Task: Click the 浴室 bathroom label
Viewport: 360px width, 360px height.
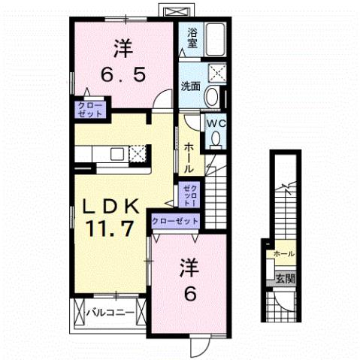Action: click(193, 38)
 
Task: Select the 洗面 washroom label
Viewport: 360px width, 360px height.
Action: click(191, 86)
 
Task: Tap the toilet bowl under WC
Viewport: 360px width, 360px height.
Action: click(216, 139)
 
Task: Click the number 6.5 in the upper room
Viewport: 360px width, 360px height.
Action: click(123, 76)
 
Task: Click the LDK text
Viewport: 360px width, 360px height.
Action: click(110, 204)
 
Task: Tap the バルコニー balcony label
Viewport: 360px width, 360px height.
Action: click(109, 310)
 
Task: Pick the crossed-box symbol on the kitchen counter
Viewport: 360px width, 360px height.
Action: click(138, 154)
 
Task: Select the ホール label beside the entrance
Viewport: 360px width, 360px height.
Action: click(285, 254)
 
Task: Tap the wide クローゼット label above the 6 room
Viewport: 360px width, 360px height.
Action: click(175, 221)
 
